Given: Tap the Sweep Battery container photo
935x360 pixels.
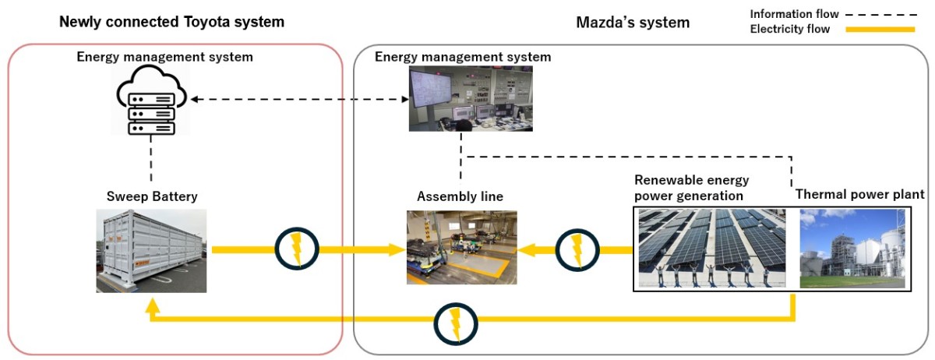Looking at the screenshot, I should pos(152,250).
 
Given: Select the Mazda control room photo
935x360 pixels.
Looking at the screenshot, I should pos(471,98).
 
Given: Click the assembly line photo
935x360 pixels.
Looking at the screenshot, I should pos(462,247).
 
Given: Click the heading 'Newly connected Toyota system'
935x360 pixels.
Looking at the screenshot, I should pos(171,22).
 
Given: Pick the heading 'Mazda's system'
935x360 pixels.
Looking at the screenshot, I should pos(632,23).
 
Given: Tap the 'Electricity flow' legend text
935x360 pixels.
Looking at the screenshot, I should pos(789,30).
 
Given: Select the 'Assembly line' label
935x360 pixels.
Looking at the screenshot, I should pos(462,196).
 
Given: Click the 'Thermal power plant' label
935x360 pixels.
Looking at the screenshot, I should pos(859,194).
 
